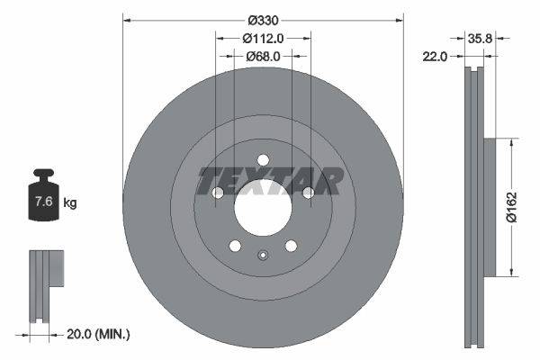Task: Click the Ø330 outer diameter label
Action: (x=263, y=19)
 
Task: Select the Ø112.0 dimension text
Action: (x=263, y=38)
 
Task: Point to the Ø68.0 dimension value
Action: (x=263, y=56)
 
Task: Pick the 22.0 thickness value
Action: (x=436, y=56)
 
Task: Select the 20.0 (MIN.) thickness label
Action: (x=98, y=334)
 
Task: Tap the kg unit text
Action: (x=70, y=203)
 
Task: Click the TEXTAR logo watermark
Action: (x=270, y=181)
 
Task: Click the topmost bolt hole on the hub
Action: (x=263, y=160)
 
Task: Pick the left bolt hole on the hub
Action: (x=218, y=193)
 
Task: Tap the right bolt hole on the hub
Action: (x=308, y=193)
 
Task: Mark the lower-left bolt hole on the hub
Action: (x=235, y=246)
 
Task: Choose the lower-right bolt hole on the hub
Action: (x=291, y=246)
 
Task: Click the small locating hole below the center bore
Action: (x=263, y=255)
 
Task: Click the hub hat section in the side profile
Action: (x=490, y=207)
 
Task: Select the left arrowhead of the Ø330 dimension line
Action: (x=126, y=19)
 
